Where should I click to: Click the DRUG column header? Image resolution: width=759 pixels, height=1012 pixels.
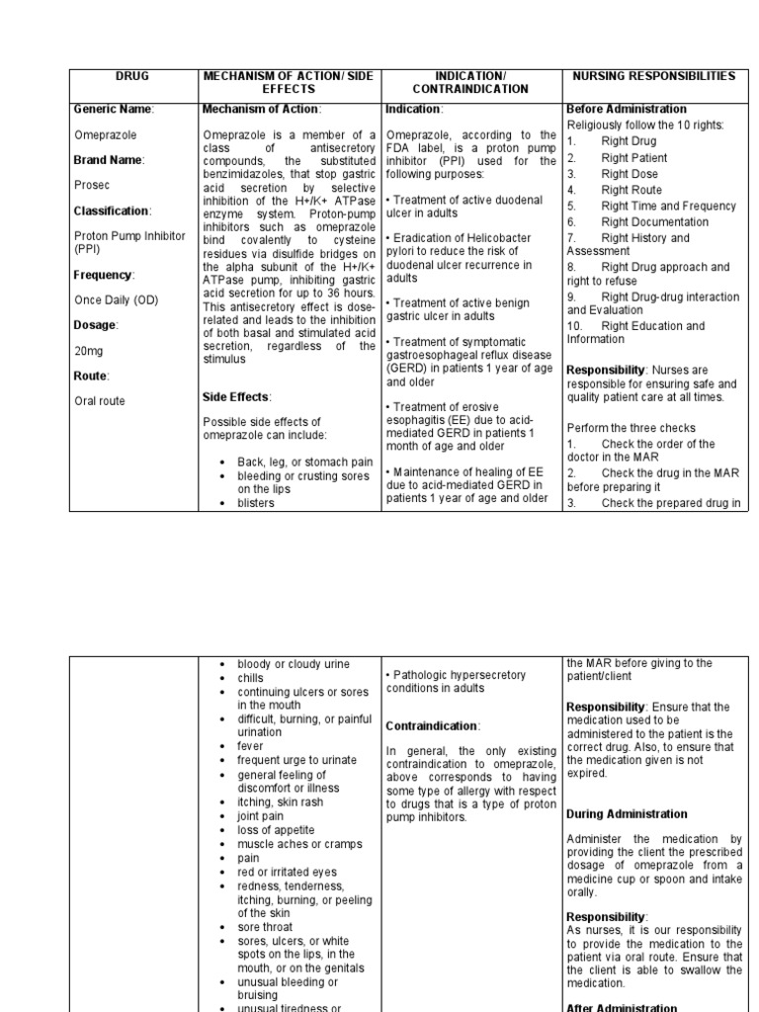coord(131,76)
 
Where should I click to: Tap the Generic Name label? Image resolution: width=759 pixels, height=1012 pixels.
coord(114,109)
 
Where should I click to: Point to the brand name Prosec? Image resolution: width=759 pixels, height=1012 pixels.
coord(92,184)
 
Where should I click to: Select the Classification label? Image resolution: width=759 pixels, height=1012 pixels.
coord(113,211)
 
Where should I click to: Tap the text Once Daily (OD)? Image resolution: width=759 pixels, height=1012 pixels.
coord(116,299)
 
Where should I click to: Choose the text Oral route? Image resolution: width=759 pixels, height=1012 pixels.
coord(100,401)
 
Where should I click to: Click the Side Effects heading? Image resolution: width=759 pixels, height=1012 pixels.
coord(235,397)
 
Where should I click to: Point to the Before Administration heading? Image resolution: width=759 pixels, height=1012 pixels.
coord(627,109)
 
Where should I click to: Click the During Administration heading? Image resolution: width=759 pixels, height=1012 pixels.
coord(627,814)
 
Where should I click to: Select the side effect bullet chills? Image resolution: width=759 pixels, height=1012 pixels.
coord(251,678)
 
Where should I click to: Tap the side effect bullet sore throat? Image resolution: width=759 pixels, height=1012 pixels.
coord(265,927)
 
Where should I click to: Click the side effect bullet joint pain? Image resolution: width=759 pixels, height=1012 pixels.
coord(261,816)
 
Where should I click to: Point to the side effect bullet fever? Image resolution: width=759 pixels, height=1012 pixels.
coord(251,747)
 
